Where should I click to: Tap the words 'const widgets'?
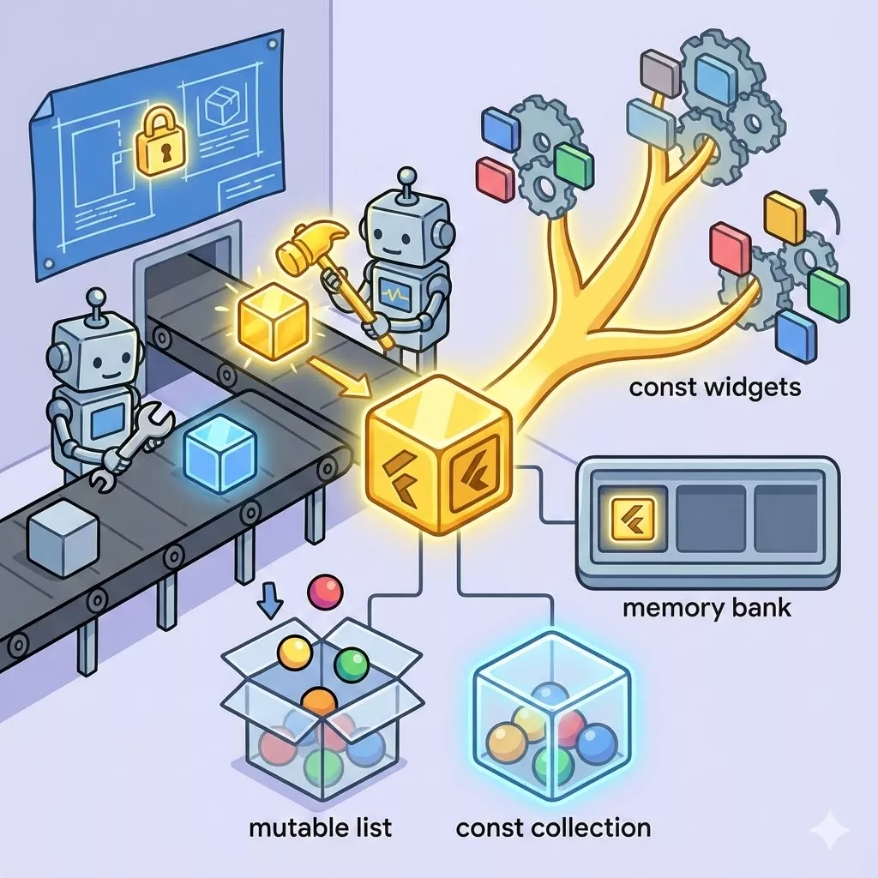click(714, 387)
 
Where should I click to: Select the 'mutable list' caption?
click(320, 827)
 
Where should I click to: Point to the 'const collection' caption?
click(553, 827)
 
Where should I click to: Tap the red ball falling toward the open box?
click(326, 592)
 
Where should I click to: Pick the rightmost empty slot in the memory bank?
click(790, 520)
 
